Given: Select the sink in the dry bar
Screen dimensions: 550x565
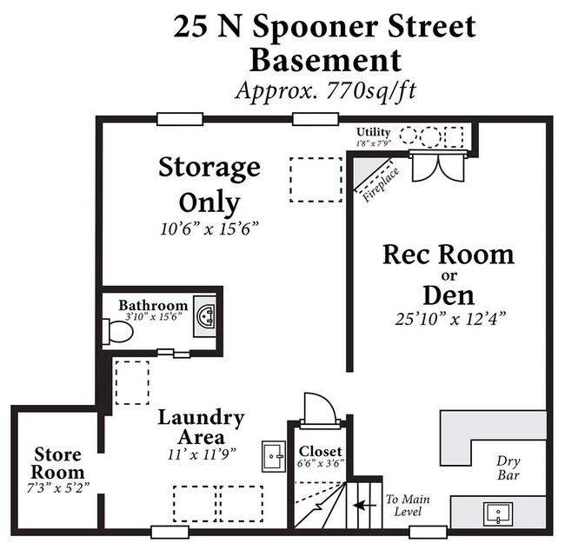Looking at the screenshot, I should coord(497,514).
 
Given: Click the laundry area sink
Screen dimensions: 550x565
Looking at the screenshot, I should coord(272,454).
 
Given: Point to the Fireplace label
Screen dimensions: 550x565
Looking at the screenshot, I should coord(381,183).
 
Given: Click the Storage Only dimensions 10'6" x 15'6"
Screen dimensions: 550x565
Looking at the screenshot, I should coord(209,228).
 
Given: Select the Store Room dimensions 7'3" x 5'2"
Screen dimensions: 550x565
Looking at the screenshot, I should coord(57,483).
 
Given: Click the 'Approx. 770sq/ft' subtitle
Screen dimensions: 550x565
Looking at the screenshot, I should coord(325,89).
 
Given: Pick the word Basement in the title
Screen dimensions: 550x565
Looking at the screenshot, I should coord(325,60).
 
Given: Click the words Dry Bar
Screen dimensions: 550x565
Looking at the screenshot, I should coord(508,468).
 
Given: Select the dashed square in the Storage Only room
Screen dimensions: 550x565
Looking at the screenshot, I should coord(316,180).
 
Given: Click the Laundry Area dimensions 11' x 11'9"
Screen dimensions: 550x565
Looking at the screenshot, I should coord(200,453).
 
